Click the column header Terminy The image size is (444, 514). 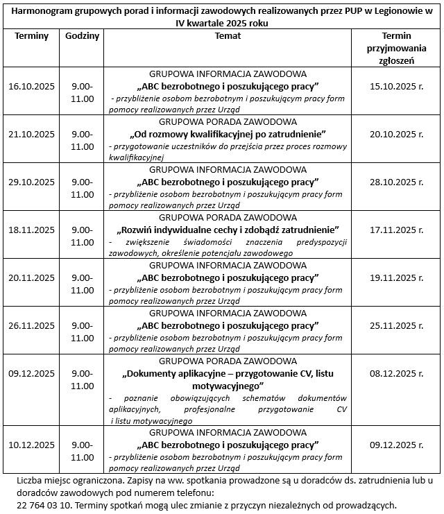pyautogui.click(x=31, y=36)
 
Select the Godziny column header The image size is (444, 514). pyautogui.click(x=83, y=36)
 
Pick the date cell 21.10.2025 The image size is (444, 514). pyautogui.click(x=31, y=134)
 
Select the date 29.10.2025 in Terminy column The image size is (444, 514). pyautogui.click(x=31, y=182)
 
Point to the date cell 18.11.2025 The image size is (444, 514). pyautogui.click(x=31, y=230)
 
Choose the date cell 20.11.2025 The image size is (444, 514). pyautogui.click(x=31, y=277)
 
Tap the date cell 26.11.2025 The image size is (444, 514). pyautogui.click(x=31, y=325)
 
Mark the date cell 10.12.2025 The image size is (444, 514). pyautogui.click(x=31, y=445)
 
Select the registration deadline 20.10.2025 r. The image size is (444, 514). pyautogui.click(x=397, y=134)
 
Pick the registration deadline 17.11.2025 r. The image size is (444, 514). pyautogui.click(x=397, y=230)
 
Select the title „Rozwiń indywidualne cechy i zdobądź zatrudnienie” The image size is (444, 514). pyautogui.click(x=228, y=230)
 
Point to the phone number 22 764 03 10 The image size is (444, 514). pyautogui.click(x=46, y=505)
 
